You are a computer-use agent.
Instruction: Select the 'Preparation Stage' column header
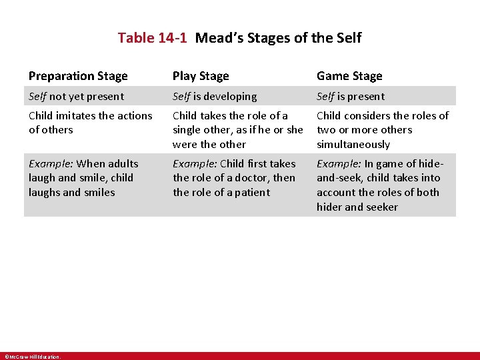[x=78, y=76]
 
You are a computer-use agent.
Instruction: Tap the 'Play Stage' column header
[x=201, y=76]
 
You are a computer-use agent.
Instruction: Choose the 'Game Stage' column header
[x=349, y=76]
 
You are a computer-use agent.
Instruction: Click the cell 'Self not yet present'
[x=76, y=97]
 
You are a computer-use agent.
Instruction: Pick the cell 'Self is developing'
[x=215, y=97]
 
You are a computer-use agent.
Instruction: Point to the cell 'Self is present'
[x=351, y=97]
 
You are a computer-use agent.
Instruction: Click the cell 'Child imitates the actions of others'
[x=90, y=123]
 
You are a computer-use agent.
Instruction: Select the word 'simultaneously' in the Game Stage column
[x=353, y=145]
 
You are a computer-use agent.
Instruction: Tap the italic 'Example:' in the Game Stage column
[x=339, y=164]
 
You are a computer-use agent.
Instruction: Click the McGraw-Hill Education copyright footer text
[x=32, y=357]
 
